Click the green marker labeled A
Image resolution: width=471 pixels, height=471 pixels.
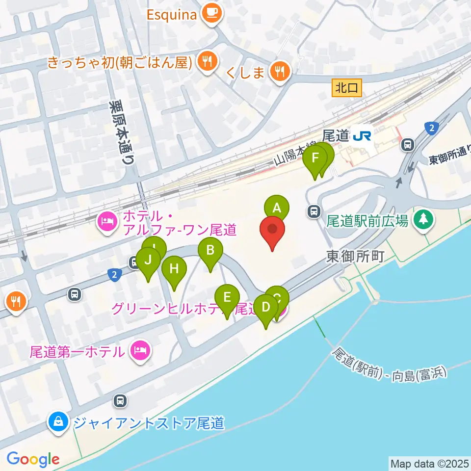click(276, 208)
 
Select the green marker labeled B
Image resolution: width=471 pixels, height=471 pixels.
click(210, 251)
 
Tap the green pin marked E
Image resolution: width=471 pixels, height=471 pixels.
click(227, 297)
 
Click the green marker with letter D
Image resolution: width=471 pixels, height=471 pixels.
click(266, 308)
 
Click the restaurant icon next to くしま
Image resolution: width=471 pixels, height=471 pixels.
click(280, 73)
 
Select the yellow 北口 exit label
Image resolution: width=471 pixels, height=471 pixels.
click(348, 88)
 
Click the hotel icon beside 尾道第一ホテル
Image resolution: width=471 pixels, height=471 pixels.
click(140, 351)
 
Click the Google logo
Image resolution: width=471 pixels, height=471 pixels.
click(33, 459)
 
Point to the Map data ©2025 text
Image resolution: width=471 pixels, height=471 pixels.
click(429, 463)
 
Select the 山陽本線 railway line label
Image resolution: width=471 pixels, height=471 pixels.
click(294, 153)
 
